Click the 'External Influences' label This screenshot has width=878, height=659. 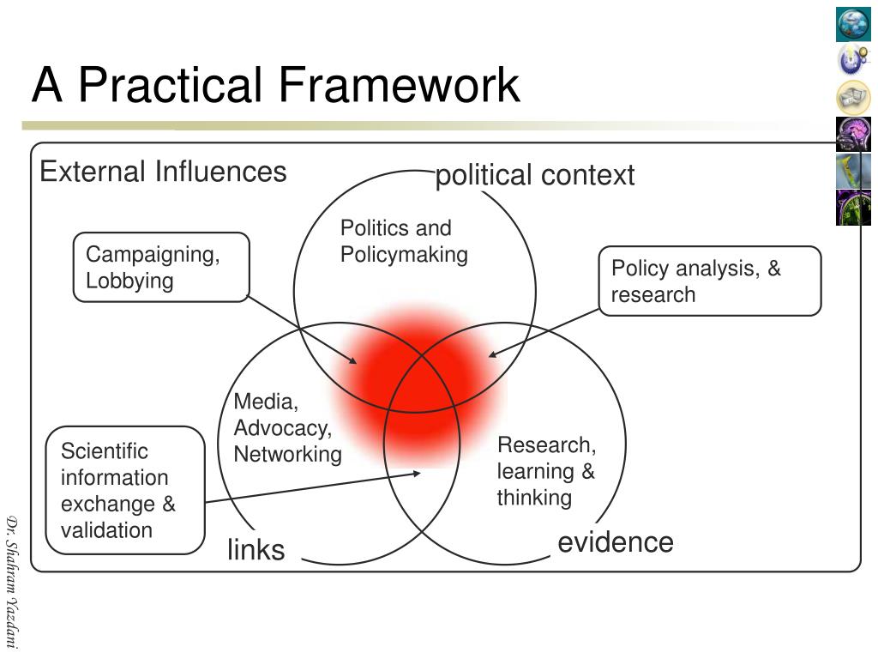[163, 172]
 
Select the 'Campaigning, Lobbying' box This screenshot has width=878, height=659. [161, 267]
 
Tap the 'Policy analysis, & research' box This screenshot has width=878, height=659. [709, 281]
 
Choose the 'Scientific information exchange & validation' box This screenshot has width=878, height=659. [125, 490]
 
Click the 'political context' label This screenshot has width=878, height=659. [535, 176]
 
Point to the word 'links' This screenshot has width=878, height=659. [256, 550]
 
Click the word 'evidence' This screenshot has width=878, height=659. [616, 542]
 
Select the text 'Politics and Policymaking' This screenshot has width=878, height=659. [404, 241]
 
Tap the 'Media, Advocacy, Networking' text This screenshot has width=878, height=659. [287, 427]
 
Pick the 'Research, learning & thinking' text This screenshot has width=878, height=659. [546, 471]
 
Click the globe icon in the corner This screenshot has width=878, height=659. [853, 24]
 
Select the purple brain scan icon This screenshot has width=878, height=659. [853, 134]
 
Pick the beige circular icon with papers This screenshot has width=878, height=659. [853, 98]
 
